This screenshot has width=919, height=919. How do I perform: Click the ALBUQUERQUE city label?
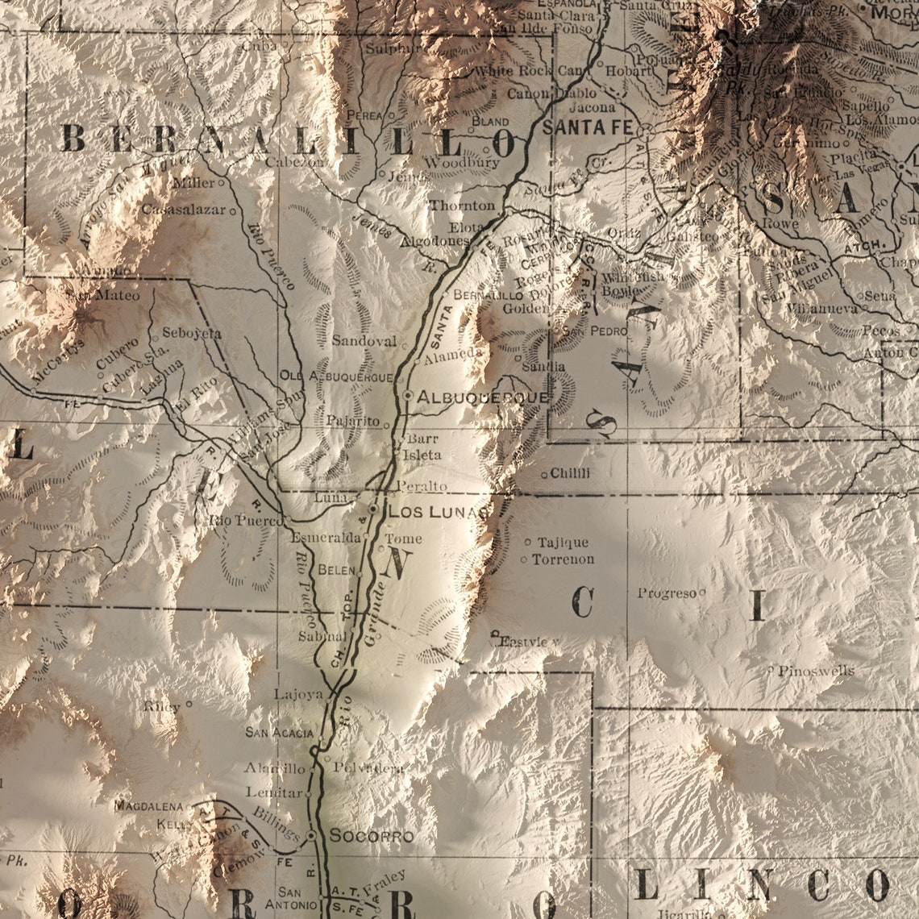point(482,397)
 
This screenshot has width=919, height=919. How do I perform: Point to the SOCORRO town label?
point(371,836)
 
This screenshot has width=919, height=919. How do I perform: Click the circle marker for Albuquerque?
point(408,396)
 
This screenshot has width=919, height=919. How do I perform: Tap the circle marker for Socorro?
point(312,836)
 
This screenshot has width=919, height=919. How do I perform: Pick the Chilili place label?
point(570,473)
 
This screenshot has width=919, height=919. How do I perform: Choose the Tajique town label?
point(563,543)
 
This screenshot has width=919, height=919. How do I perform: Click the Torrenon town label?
point(563,559)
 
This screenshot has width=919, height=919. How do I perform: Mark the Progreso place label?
point(667,593)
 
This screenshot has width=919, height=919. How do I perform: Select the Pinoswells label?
point(815,671)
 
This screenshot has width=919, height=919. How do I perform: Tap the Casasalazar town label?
point(185,210)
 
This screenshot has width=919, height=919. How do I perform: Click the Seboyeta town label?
point(191,332)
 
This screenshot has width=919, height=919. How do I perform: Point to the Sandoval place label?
point(364,341)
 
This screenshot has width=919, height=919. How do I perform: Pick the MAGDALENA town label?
point(149,805)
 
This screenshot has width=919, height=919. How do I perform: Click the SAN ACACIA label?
point(280,733)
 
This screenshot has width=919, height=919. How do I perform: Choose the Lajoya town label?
point(298,693)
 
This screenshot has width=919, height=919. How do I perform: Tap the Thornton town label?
point(462,206)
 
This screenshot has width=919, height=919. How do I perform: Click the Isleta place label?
point(424,455)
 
